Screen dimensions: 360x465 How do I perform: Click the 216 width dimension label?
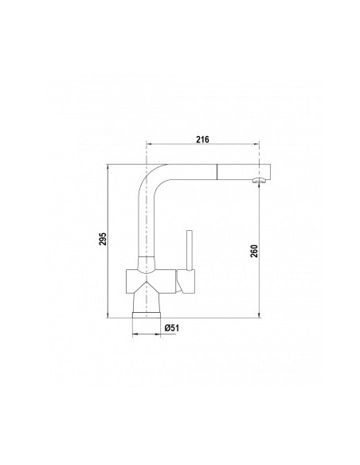click(x=202, y=139)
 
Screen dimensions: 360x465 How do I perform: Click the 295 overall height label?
click(x=103, y=238)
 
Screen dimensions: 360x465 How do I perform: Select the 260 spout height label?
click(x=254, y=251)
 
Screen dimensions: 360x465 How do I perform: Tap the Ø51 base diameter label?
click(x=172, y=328)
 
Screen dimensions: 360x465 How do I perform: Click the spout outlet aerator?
click(x=259, y=180)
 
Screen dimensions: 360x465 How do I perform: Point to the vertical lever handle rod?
click(x=190, y=250)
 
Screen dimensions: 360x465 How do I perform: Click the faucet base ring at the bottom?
click(x=147, y=315)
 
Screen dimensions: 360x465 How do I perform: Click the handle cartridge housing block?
click(x=185, y=281)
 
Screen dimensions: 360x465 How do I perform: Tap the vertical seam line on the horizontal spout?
click(x=218, y=172)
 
